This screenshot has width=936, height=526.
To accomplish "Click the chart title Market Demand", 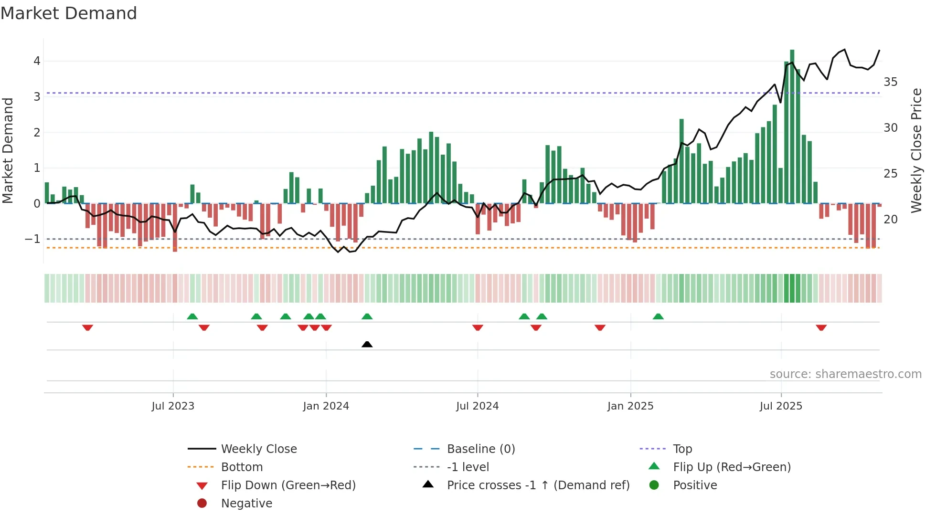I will coord(69,13).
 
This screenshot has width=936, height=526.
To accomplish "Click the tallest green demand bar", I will coord(792,126).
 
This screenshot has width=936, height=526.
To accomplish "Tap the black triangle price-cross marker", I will coord(367,344).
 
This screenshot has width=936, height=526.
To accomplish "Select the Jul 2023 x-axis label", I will coord(173,406).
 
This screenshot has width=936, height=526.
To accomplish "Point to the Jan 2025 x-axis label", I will coord(630,406).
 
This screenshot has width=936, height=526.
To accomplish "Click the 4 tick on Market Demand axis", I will coord(37,61).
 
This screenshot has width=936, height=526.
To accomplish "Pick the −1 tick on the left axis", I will coord(32,239).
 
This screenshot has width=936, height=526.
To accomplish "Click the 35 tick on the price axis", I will coord(891,82).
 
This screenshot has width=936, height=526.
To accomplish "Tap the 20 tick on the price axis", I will coord(891,220).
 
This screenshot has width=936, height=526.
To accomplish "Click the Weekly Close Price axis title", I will coord(916,150).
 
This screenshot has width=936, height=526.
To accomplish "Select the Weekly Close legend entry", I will coord(258,449).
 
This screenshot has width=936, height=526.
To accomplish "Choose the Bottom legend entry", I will coord(242,467).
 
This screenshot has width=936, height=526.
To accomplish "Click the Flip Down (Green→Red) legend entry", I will coord(288,485).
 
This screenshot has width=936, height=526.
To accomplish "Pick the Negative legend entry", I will coord(246,504).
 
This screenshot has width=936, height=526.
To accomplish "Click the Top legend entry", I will coord(682,449).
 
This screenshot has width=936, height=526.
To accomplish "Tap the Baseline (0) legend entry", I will coord(480,449).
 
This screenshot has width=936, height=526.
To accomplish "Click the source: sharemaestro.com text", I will coord(845,374).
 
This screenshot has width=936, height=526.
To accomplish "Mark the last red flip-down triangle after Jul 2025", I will coord(821,327).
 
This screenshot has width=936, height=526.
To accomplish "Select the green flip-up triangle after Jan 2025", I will coord(658,316).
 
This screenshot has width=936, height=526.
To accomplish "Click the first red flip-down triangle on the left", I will coord(87,327).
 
